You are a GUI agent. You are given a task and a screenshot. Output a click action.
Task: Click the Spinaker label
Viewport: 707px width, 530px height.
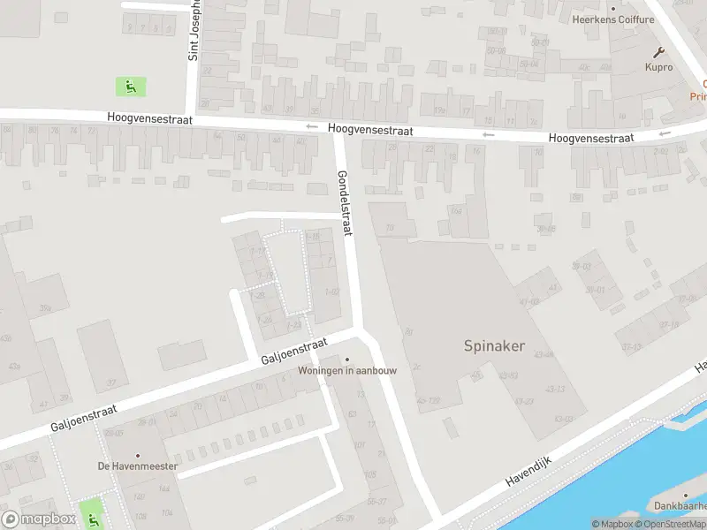pos(494,346)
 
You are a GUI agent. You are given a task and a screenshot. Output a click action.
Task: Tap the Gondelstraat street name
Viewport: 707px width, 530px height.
pos(344,202)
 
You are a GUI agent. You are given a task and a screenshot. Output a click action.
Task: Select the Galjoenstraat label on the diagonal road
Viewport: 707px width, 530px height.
pos(294,352)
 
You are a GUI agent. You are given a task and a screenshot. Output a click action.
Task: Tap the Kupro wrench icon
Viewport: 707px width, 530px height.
pos(658,52)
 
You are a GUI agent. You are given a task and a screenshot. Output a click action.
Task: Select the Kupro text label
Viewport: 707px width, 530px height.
pos(658,67)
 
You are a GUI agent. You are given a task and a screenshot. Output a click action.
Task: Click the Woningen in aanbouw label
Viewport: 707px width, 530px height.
pos(346,370)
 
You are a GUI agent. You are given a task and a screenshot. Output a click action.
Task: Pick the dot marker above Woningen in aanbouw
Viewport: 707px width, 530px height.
pos(346,359)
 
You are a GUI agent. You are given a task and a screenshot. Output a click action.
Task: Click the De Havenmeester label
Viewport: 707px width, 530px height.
pos(138,466)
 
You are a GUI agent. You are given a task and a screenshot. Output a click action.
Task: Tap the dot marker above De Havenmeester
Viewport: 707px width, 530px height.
pos(138,455)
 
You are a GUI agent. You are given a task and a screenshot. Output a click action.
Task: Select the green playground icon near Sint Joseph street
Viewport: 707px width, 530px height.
pos(130,86)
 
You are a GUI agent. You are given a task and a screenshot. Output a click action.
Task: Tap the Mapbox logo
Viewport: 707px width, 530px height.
pos(38,519)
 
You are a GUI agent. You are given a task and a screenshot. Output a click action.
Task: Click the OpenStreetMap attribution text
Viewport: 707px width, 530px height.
pos(672,524)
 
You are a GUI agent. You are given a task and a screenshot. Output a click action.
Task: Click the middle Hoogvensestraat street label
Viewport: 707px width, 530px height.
pos(369,129)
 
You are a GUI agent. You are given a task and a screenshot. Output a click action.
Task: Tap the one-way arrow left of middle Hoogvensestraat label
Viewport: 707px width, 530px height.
pos(311,127)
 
